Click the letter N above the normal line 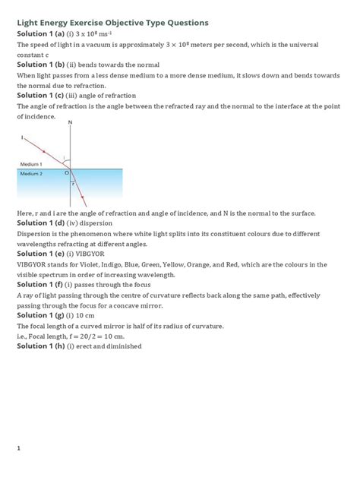[x=71, y=122]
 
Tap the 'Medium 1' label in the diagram [x=31, y=165]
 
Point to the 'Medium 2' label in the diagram [x=31, y=174]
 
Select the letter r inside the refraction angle [x=73, y=183]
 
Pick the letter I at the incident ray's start [x=22, y=137]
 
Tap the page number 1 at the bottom [x=19, y=449]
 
